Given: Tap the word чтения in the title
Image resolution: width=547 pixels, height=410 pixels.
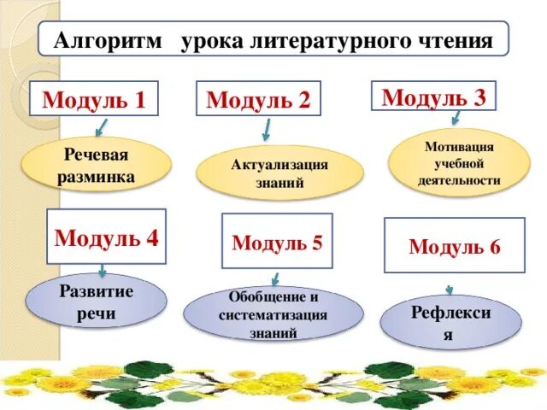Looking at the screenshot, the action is [457, 40].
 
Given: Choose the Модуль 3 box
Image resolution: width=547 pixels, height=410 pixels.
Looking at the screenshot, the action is [433, 96].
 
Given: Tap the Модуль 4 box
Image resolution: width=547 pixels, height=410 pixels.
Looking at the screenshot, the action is [106, 237].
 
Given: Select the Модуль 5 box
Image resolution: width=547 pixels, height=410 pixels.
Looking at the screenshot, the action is [277, 242].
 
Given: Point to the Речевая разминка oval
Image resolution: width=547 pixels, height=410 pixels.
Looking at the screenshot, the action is [96, 165].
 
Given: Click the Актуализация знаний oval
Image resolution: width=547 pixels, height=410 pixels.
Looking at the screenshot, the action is [279, 173].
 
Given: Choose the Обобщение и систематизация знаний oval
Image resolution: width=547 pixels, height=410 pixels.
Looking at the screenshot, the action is [273, 315].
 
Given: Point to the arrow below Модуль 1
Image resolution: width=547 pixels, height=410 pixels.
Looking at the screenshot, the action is [102, 127].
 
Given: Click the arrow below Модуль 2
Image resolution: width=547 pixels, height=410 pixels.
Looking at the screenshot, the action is [266, 130].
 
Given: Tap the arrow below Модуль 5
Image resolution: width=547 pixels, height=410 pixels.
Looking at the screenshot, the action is [275, 278].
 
